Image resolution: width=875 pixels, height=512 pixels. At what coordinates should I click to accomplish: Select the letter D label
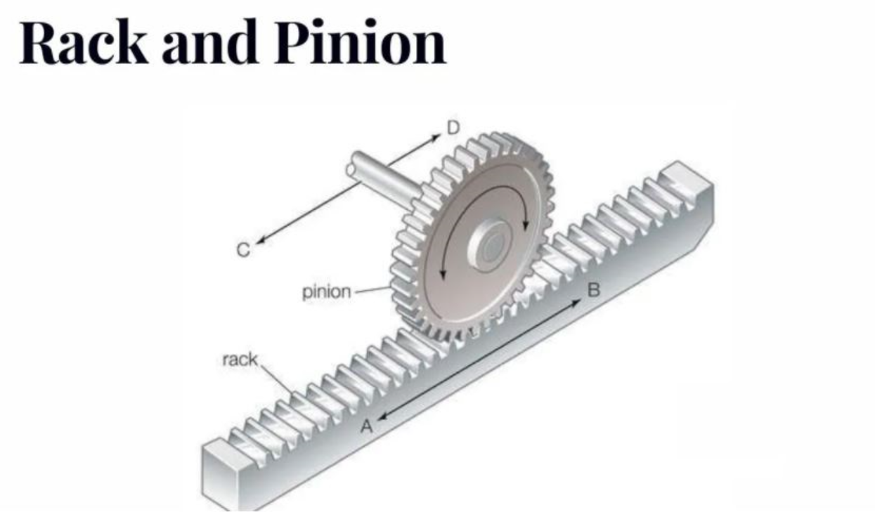[x=453, y=127]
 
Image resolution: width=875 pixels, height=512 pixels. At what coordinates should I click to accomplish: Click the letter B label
[x=594, y=289]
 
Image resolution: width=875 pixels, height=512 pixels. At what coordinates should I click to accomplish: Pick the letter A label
[x=365, y=426]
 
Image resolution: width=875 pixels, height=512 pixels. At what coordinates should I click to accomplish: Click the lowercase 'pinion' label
[x=326, y=291]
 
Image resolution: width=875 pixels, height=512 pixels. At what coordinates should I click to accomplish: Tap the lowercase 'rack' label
[x=239, y=360]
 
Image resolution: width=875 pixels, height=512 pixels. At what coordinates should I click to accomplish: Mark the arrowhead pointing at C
[x=259, y=241]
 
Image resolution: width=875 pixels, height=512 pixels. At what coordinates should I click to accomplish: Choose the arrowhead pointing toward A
[x=382, y=416]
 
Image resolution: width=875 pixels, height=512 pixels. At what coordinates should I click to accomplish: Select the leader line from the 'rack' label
[x=278, y=380]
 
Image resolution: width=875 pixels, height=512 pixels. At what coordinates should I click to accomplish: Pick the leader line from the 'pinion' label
[x=371, y=289]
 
